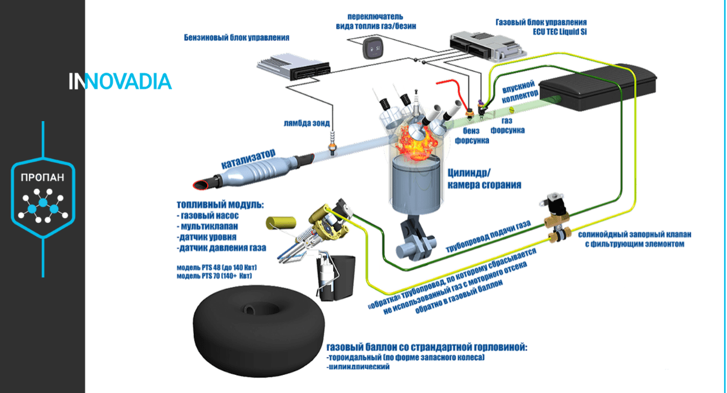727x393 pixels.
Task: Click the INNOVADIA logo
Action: pyautogui.click(x=120, y=82)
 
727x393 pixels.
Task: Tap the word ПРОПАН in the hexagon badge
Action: pyautogui.click(x=43, y=179)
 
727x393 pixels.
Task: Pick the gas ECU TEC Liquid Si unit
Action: pyautogui.click(x=481, y=46)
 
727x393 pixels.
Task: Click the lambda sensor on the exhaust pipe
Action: pyautogui.click(x=332, y=144)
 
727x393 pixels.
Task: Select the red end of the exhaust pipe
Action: pyautogui.click(x=199, y=182)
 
